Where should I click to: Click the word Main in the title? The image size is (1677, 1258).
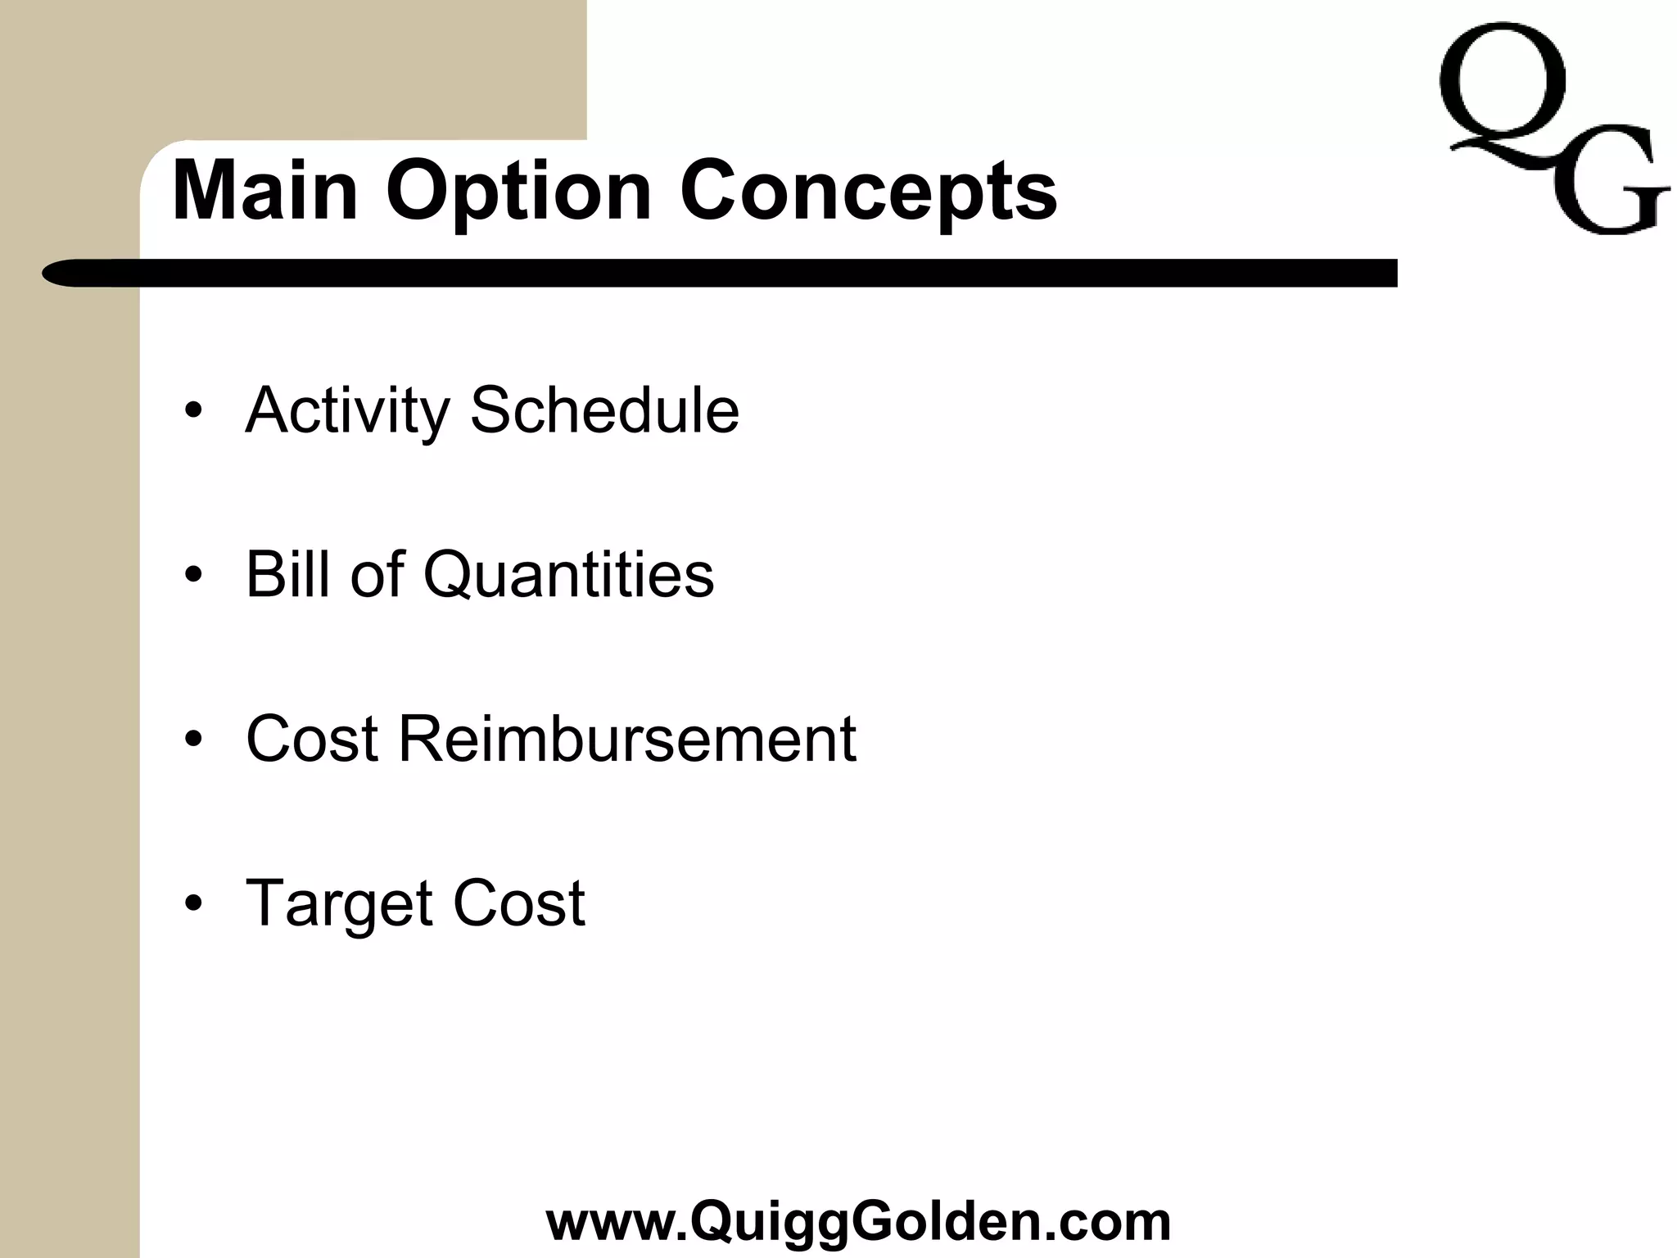pyautogui.click(x=265, y=191)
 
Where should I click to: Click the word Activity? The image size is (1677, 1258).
pyautogui.click(x=347, y=410)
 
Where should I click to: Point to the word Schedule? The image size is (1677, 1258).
pyautogui.click(x=604, y=410)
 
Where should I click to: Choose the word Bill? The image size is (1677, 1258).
pyautogui.click(x=291, y=573)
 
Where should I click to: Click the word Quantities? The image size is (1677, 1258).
pyautogui.click(x=568, y=575)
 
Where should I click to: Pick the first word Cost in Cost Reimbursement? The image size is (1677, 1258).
pyautogui.click(x=312, y=739)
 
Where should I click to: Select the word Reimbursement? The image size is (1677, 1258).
pyautogui.click(x=627, y=739)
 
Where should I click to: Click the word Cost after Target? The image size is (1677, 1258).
pyautogui.click(x=519, y=903)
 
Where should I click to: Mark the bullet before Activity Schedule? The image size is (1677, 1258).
pyautogui.click(x=193, y=410)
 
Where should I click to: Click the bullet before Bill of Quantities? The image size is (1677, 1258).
pyautogui.click(x=193, y=575)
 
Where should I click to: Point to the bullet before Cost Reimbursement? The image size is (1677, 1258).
pyautogui.click(x=193, y=740)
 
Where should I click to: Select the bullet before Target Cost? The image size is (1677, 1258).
pyautogui.click(x=193, y=904)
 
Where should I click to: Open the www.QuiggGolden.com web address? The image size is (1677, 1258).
pyautogui.click(x=858, y=1221)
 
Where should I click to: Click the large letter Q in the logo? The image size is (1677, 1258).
pyautogui.click(x=1502, y=90)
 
